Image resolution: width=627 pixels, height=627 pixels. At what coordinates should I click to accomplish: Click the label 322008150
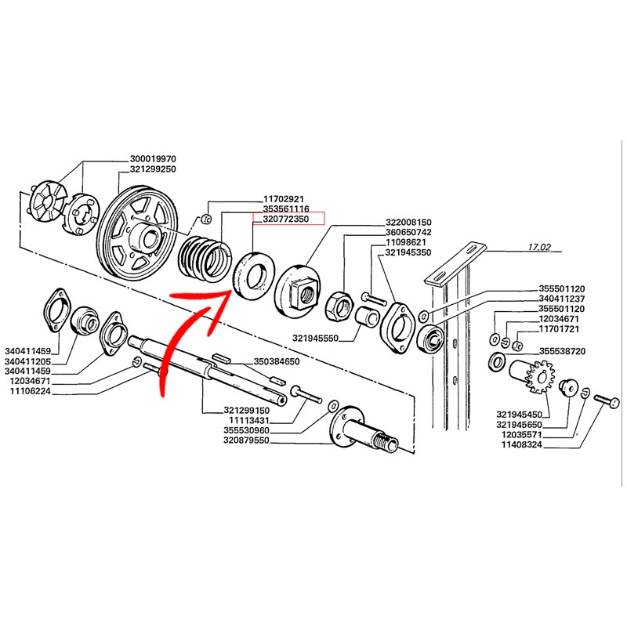(x=409, y=222)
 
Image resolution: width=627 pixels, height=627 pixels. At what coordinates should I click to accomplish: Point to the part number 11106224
(x=31, y=391)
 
